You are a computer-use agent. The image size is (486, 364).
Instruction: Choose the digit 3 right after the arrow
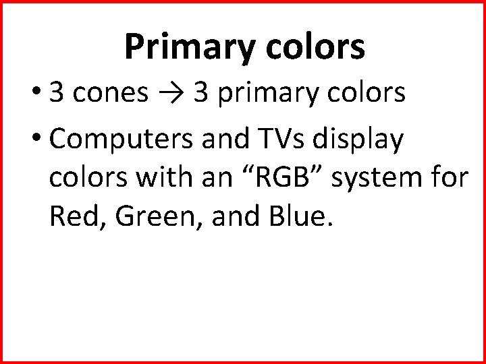coord(200,94)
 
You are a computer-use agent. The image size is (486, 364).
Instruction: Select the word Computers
coord(122,142)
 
